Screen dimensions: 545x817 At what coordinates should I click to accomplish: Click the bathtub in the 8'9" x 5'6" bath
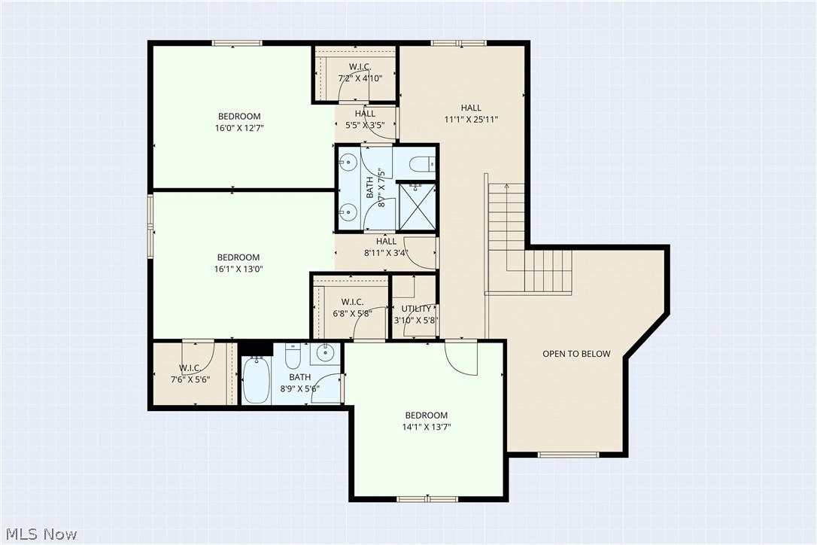point(256,380)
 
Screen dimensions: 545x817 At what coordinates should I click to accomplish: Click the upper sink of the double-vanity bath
point(349,162)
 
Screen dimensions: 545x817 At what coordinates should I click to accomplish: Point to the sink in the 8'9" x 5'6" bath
point(325,352)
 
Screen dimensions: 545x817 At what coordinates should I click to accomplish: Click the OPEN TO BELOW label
point(576,354)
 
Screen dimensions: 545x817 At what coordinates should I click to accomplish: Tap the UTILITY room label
point(416,309)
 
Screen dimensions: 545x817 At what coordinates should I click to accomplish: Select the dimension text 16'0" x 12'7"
point(239,128)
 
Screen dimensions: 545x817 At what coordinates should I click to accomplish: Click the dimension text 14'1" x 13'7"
point(426,427)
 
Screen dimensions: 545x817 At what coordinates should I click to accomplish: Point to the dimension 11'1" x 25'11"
point(471,119)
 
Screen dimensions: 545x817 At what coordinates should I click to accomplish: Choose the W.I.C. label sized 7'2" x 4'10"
point(360,78)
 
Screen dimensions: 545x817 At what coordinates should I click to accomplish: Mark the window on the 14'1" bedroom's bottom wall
point(427,498)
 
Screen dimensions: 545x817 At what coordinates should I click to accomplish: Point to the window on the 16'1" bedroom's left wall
point(150,226)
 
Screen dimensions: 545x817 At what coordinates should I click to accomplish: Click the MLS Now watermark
point(39,534)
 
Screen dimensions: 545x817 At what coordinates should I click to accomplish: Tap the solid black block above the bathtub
point(255,348)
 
